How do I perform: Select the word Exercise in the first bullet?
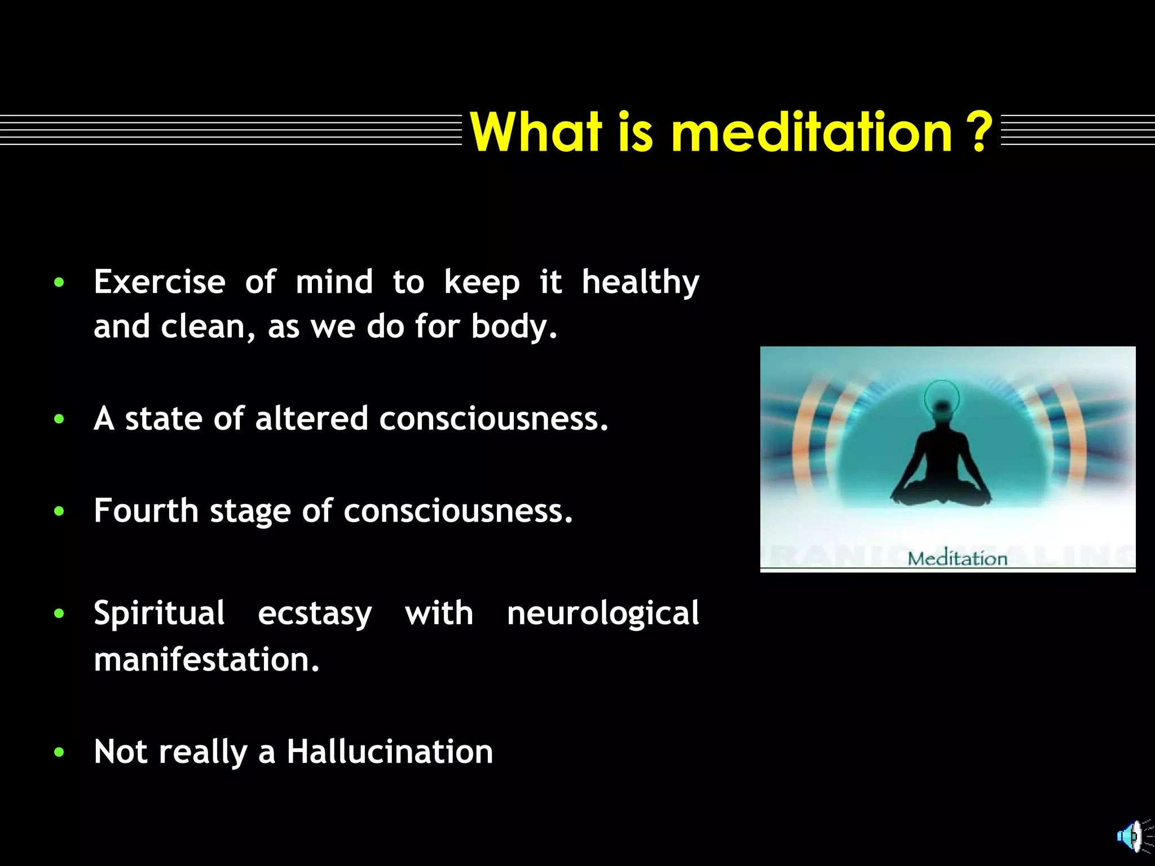click(x=160, y=282)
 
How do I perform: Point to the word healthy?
click(x=640, y=283)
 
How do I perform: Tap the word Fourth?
click(x=146, y=511)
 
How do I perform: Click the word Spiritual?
click(x=160, y=615)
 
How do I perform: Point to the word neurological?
click(x=603, y=615)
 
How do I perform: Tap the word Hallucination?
click(x=390, y=752)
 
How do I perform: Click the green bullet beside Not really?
click(x=59, y=753)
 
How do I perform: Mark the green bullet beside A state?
click(x=59, y=419)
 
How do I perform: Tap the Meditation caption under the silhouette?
click(x=957, y=559)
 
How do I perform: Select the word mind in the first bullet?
click(x=334, y=282)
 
